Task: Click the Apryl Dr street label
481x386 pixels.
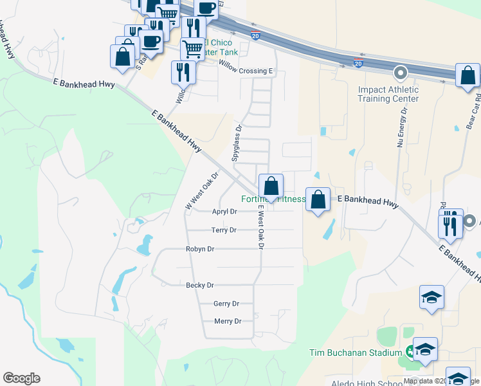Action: coord(224,211)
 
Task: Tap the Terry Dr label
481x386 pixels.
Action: coord(224,230)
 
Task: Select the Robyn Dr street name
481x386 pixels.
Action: coord(199,248)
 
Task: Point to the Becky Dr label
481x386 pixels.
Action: coord(199,285)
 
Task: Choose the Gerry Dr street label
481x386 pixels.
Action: coord(226,304)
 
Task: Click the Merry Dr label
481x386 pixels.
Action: coord(228,321)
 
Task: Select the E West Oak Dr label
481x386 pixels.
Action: coord(261,228)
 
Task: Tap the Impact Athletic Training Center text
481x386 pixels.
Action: coord(388,94)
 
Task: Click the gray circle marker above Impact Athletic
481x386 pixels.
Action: coord(401,73)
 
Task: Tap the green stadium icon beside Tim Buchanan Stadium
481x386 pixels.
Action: coord(409,351)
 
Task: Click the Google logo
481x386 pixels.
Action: coord(21,378)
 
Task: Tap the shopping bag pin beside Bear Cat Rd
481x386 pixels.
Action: coord(467,75)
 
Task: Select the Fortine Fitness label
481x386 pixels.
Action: coord(273,199)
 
